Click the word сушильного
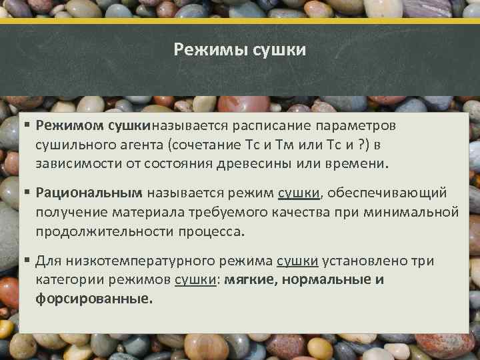[x=73, y=145]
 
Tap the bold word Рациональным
[x=89, y=193]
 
